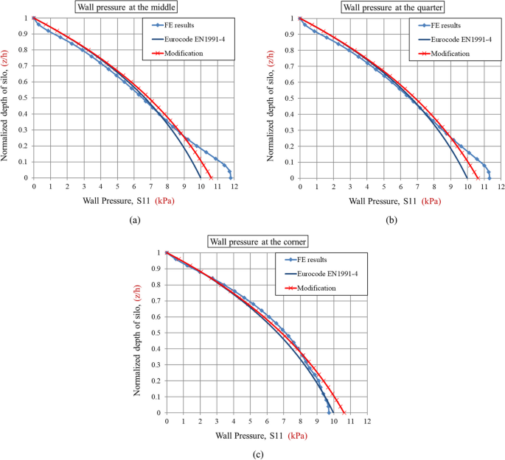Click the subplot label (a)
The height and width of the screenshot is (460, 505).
pyautogui.click(x=134, y=219)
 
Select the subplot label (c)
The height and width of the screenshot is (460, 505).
pyautogui.click(x=257, y=454)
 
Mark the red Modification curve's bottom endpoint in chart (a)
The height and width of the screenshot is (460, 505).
pyautogui.click(x=211, y=177)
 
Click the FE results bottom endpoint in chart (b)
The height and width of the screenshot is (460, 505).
pyautogui.click(x=489, y=177)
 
